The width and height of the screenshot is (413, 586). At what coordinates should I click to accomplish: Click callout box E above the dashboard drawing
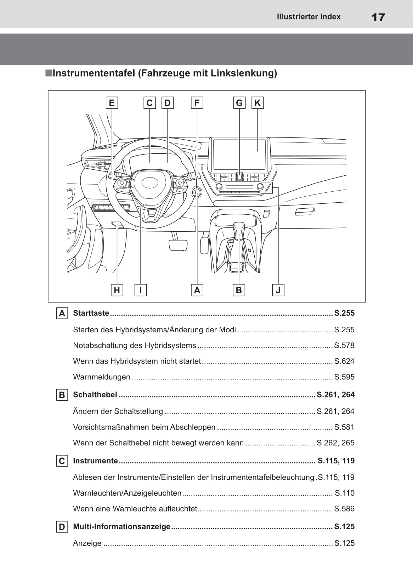tap(112, 103)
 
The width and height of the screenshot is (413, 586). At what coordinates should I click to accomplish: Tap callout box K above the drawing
tap(258, 103)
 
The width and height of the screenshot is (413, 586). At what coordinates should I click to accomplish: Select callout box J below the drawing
tap(278, 290)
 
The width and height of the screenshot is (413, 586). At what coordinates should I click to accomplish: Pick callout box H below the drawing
tap(117, 290)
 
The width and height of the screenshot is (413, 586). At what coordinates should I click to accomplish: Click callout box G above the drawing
tap(239, 103)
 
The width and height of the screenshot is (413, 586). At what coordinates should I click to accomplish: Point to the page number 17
tap(378, 17)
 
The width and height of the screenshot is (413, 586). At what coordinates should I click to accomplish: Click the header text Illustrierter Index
tap(309, 17)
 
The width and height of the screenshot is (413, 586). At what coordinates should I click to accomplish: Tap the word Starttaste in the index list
tap(91, 313)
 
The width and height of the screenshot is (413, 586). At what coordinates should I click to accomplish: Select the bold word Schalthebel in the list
tap(95, 395)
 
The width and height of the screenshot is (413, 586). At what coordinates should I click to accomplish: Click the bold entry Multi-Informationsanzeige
tap(121, 526)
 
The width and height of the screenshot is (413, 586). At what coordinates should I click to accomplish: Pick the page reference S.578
tap(344, 345)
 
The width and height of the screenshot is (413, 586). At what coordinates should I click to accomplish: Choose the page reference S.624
tap(344, 361)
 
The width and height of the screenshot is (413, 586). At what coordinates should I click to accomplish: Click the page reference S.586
tap(344, 509)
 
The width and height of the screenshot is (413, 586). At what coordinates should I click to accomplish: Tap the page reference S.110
tap(345, 493)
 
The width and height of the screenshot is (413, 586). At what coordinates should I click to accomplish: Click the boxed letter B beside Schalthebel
tap(62, 395)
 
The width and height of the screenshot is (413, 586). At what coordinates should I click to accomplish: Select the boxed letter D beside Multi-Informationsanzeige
tap(62, 527)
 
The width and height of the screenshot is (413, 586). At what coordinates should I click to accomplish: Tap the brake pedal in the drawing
tap(178, 245)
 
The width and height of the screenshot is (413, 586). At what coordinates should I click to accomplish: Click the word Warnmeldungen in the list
tap(102, 377)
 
